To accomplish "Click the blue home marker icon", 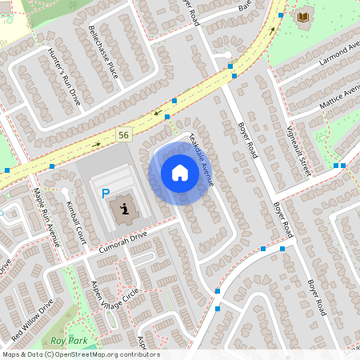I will pos(180,173).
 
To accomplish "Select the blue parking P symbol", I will pos(105,193).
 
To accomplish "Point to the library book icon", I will pos(302,17).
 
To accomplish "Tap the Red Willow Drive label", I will pos(32,319).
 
